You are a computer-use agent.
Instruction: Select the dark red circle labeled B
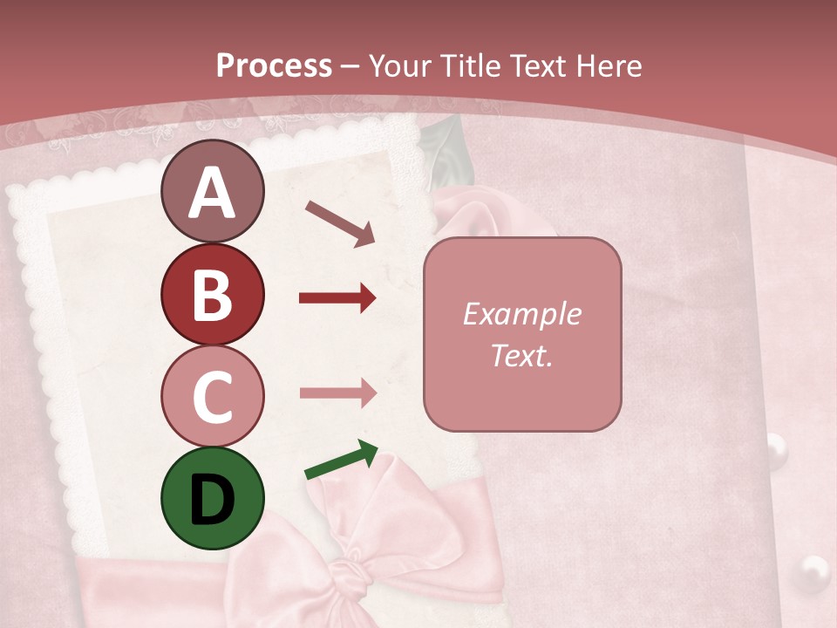[x=212, y=295]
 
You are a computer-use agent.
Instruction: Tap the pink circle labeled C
[x=212, y=396]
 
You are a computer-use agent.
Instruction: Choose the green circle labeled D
[x=212, y=498]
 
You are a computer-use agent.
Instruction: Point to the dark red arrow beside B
[x=337, y=298]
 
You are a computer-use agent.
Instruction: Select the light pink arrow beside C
[x=337, y=392]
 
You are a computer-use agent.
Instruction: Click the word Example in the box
[x=521, y=314]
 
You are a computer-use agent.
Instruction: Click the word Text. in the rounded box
[x=521, y=355]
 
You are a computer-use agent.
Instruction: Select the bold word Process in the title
[x=274, y=65]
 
